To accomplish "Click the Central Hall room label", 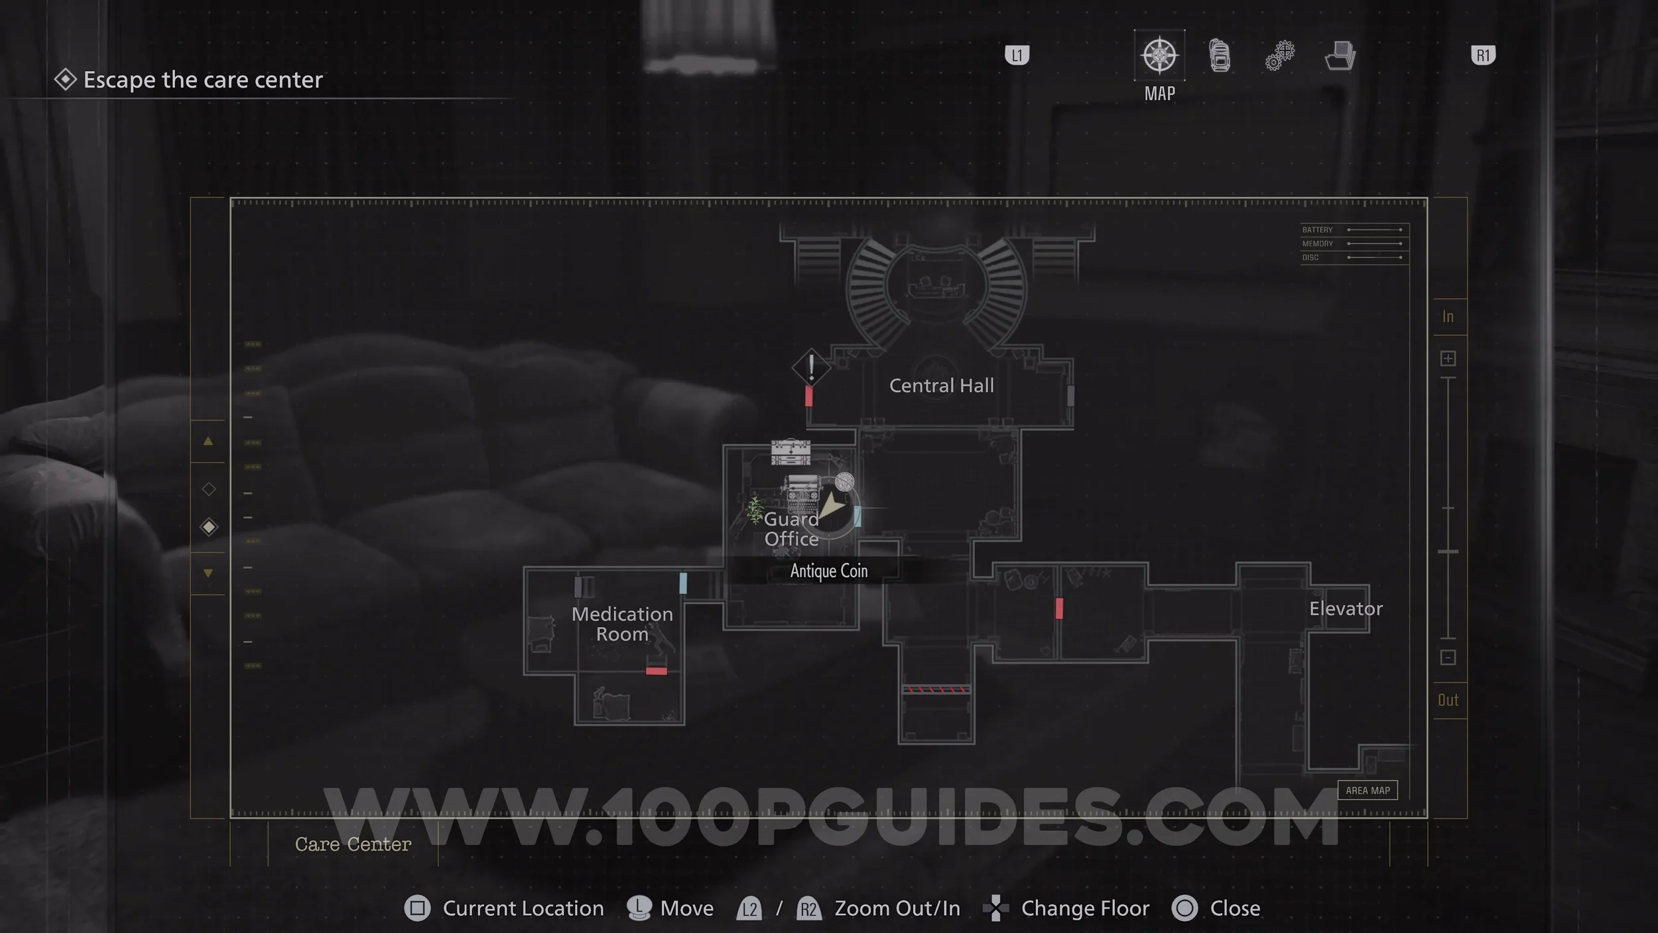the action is tap(941, 386).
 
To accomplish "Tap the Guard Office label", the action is tap(791, 529).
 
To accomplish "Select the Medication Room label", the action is tap(622, 624).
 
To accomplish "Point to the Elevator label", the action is tap(1346, 609).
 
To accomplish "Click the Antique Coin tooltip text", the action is tap(828, 571).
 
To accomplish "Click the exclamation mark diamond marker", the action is tap(810, 367).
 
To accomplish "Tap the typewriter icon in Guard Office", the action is tap(802, 493).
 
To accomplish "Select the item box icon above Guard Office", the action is tap(791, 452).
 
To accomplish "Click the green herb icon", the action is tap(755, 510).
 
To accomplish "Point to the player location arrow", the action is tap(832, 508).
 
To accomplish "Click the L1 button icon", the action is tap(1017, 55).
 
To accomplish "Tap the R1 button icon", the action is tap(1483, 55).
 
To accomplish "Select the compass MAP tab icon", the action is tap(1159, 56).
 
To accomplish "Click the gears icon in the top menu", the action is tap(1279, 56).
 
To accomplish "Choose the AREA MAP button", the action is tap(1368, 790).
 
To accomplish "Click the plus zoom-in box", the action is tap(1448, 359).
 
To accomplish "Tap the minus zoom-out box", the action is tap(1448, 658).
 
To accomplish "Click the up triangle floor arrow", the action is tap(208, 441).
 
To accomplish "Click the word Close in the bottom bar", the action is tap(1235, 908).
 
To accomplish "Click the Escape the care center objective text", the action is tap(203, 80).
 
